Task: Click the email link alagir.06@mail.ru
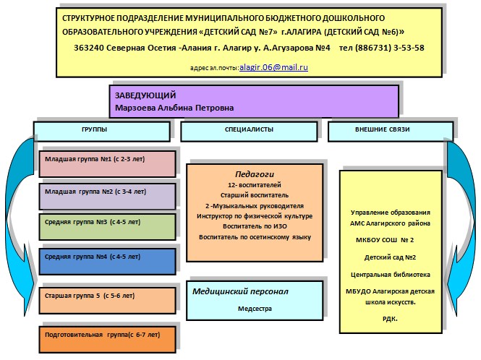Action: pyautogui.click(x=278, y=67)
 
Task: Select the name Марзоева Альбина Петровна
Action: pyautogui.click(x=174, y=108)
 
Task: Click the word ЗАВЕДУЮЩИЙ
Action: pyautogui.click(x=145, y=95)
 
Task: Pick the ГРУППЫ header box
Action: pyautogui.click(x=101, y=130)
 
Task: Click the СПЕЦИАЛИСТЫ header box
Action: pyautogui.click(x=249, y=130)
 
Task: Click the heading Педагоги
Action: pyautogui.click(x=254, y=174)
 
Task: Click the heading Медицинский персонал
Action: pyautogui.click(x=241, y=291)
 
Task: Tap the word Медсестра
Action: pyautogui.click(x=253, y=308)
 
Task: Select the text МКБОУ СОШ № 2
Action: pyautogui.click(x=391, y=239)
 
